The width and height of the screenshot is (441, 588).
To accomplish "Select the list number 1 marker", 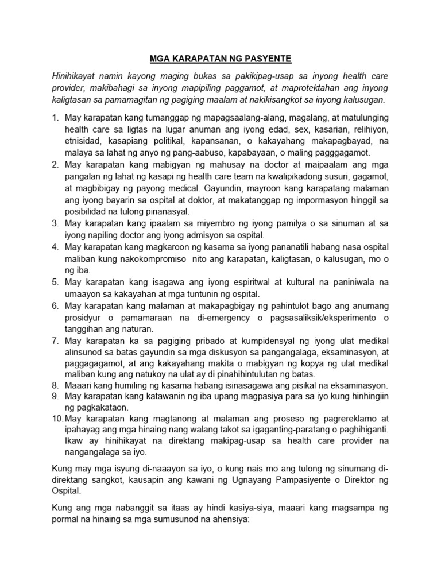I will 55,118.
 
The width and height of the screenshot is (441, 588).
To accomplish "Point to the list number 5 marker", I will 55,282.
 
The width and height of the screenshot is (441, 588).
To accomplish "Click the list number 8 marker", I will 55,385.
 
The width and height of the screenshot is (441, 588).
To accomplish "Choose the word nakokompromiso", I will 143,259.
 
